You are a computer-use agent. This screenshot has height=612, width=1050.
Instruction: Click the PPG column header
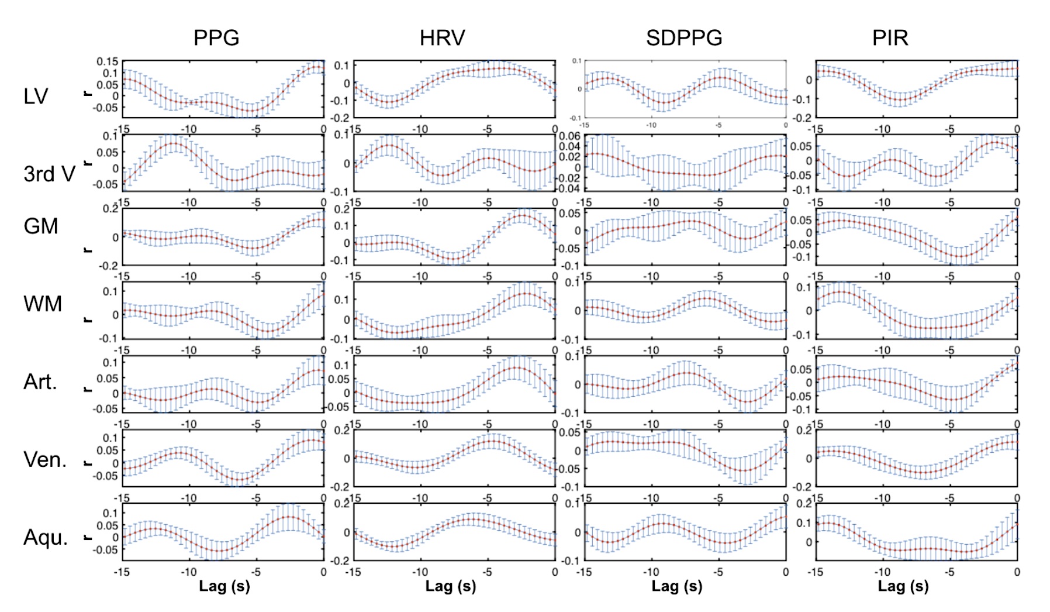click(x=216, y=38)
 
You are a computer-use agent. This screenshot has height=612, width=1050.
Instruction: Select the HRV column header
click(x=442, y=38)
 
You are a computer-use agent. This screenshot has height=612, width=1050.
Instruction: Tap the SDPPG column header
click(x=684, y=38)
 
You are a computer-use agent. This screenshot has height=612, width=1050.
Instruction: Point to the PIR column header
click(x=890, y=38)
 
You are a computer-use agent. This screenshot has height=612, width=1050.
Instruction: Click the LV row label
click(x=36, y=97)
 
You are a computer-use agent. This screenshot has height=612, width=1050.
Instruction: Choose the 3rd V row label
click(x=49, y=174)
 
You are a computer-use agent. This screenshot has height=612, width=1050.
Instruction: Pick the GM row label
click(x=40, y=226)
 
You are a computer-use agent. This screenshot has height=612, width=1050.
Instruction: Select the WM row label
click(x=43, y=304)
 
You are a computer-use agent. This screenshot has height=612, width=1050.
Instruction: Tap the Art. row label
click(x=40, y=382)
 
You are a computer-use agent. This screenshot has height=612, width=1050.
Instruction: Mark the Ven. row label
click(x=45, y=460)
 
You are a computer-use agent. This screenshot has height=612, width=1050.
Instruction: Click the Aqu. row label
click(x=46, y=537)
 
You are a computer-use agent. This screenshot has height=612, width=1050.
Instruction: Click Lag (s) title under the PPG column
click(x=224, y=586)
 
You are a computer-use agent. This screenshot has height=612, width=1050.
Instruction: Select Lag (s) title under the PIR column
click(x=903, y=586)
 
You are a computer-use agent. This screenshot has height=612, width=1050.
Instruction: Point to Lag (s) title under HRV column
click(x=451, y=586)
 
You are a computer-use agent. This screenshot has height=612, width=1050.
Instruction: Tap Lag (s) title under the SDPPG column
click(x=677, y=586)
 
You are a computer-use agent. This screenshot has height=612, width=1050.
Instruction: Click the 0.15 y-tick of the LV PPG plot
click(x=108, y=61)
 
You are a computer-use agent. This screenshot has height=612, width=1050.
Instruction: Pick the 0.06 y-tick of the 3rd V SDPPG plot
click(x=570, y=136)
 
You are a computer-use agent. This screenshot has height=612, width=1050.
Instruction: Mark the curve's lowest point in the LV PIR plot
click(x=900, y=100)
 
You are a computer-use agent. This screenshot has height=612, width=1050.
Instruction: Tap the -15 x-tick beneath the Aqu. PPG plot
click(x=122, y=572)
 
